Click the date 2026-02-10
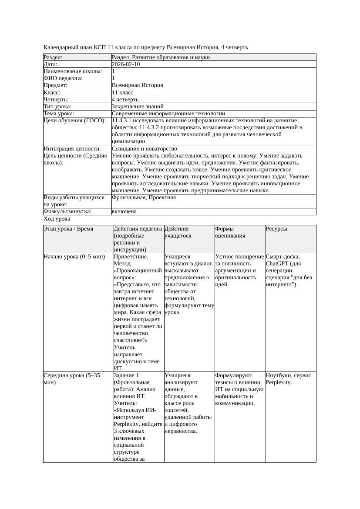[126, 64]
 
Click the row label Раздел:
[53, 57]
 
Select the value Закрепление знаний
[138, 107]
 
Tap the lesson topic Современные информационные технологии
[168, 114]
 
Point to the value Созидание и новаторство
[144, 149]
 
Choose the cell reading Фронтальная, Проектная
[144, 198]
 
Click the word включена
[124, 211]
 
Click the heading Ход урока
[57, 219]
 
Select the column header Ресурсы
[276, 229]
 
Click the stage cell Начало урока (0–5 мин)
[74, 257]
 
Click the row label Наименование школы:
[73, 71]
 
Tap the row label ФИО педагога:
[63, 78]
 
